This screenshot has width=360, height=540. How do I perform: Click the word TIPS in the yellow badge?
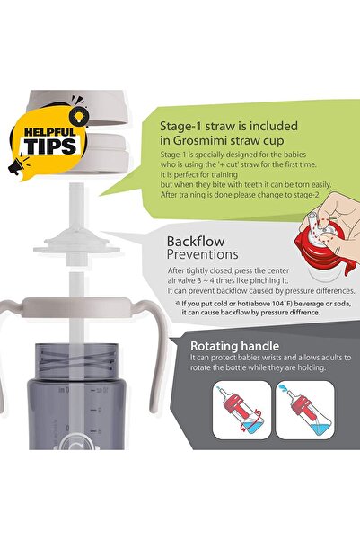51,146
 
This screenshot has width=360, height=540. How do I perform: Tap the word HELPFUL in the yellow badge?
49,132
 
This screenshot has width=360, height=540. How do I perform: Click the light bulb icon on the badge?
79,116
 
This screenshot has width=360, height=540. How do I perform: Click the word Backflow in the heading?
196,242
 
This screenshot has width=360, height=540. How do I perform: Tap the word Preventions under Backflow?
202,254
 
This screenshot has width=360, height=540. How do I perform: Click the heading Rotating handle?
234,346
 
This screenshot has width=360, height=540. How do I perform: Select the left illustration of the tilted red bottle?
242,410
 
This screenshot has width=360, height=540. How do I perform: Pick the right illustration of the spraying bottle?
305,410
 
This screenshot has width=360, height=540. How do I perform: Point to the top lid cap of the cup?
77,107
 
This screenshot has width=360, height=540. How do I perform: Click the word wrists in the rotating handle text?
279,358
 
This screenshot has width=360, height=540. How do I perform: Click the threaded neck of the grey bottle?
76,360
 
